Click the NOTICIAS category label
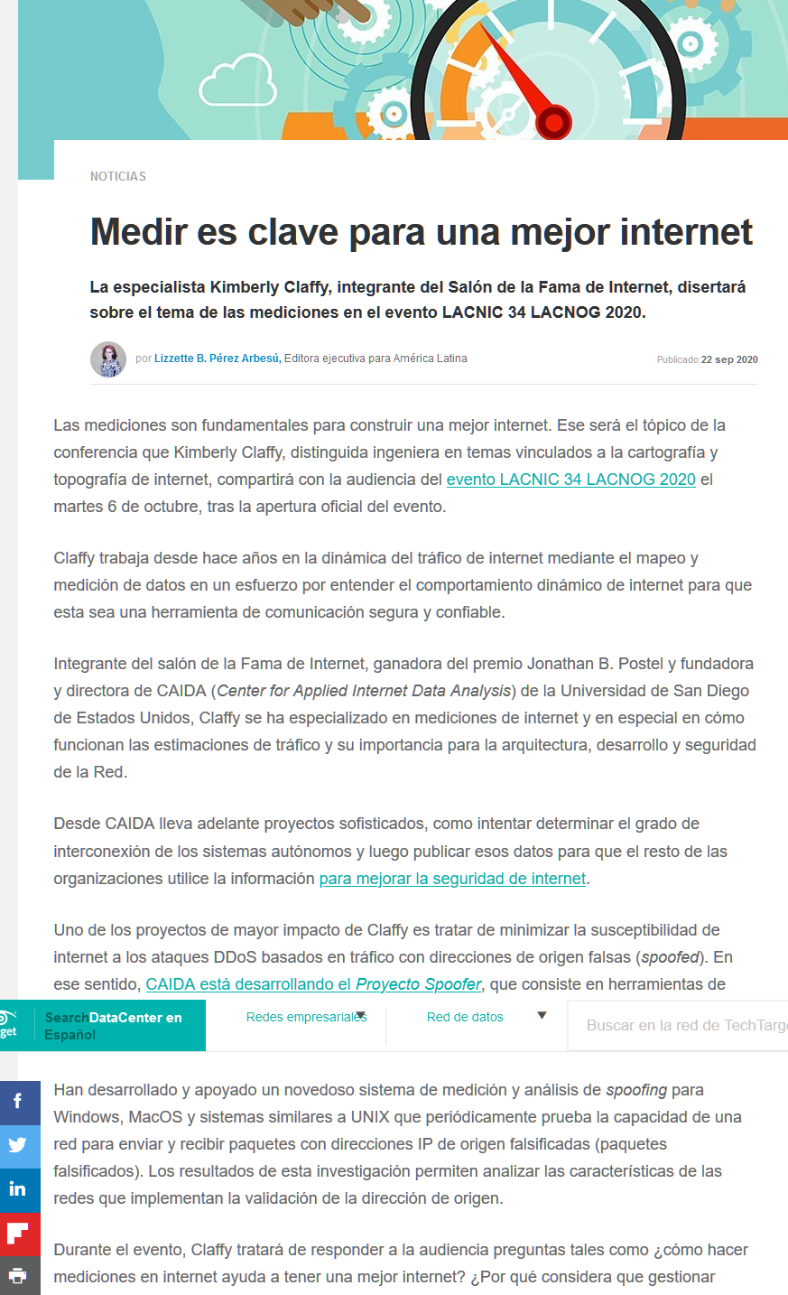[x=117, y=176]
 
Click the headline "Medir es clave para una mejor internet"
[x=422, y=232]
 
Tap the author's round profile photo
[x=108, y=359]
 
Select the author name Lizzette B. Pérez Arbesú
[x=217, y=359]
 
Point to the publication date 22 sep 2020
[x=729, y=359]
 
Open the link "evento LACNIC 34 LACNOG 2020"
[x=570, y=480]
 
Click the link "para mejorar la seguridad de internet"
[x=452, y=879]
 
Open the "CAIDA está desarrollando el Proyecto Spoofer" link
[x=313, y=984]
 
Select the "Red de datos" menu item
[x=465, y=1017]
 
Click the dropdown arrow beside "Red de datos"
[x=542, y=1016]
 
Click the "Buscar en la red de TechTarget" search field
[x=681, y=1025]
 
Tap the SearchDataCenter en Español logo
[x=113, y=1026]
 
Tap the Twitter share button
[x=18, y=1145]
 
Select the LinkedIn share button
[x=18, y=1188]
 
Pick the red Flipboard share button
[x=18, y=1233]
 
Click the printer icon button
[x=18, y=1276]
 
